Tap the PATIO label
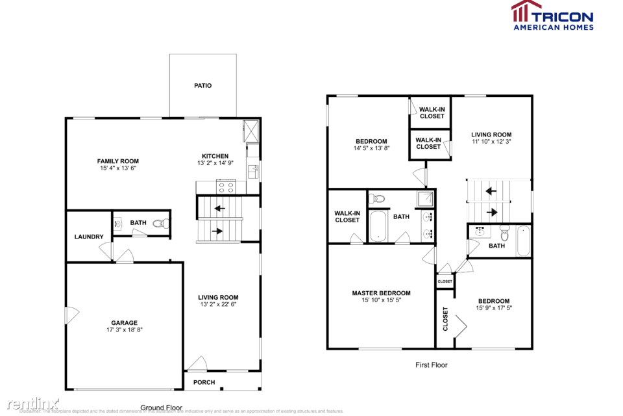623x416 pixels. [202, 86]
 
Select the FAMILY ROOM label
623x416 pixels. [118, 161]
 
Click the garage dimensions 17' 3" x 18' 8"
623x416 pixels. [124, 330]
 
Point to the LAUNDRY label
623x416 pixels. [88, 237]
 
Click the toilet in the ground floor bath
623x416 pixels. [160, 224]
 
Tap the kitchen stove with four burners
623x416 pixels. [225, 187]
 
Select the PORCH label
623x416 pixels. [204, 382]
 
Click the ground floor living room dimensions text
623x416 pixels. [218, 304]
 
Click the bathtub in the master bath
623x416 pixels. [378, 226]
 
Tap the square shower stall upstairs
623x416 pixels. [426, 198]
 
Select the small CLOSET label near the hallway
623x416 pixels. [445, 281]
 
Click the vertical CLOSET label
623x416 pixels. [445, 318]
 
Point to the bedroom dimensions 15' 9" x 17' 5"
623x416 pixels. [493, 308]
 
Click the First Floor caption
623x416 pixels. [431, 365]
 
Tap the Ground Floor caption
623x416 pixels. [162, 408]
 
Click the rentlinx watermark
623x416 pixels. [30, 403]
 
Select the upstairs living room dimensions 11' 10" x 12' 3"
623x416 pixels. [491, 142]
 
